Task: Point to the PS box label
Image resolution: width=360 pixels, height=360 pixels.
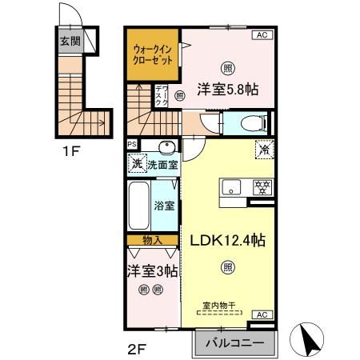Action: [133, 145]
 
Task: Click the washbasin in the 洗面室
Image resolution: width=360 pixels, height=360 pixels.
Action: [166, 147]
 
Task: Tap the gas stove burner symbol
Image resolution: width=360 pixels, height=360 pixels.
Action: [260, 189]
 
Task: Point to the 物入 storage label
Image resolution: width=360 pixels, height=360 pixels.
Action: [152, 240]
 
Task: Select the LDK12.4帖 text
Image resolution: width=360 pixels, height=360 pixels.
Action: [228, 240]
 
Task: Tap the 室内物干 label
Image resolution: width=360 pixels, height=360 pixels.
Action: [229, 305]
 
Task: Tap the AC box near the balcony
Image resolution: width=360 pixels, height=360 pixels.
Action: [262, 314]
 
